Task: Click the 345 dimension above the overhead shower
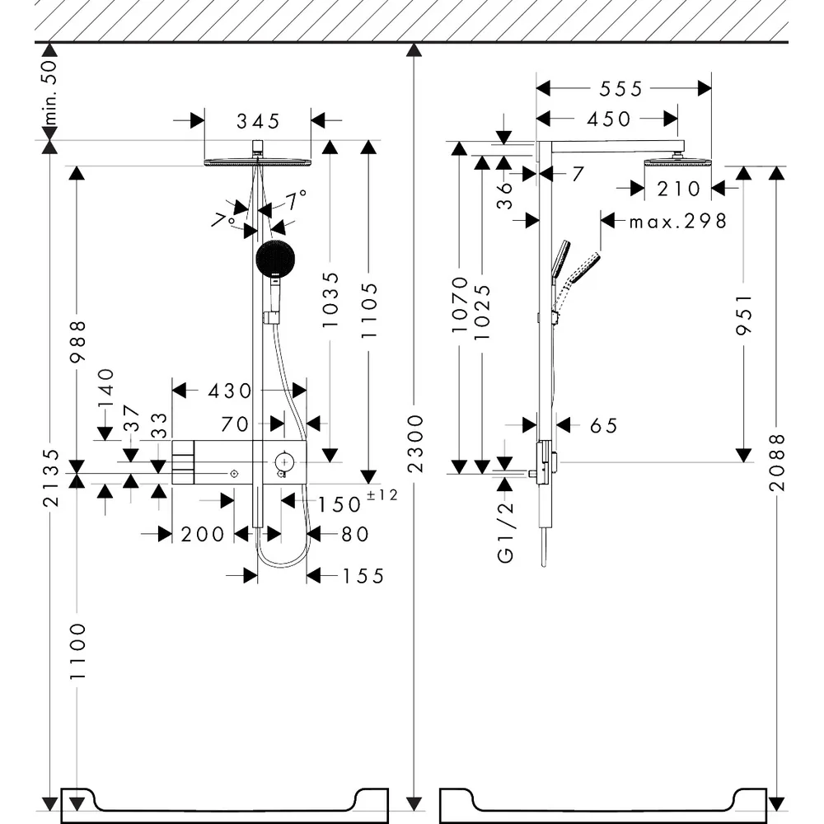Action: pos(258,121)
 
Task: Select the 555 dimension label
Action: pos(621,89)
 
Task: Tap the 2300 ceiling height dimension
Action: pos(415,443)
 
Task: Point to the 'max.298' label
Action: pos(678,221)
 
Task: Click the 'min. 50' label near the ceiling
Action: pos(50,92)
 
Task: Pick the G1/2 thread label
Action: pos(505,532)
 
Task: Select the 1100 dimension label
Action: pos(77,651)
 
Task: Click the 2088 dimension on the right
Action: pos(777,462)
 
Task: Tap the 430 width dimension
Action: pos(230,391)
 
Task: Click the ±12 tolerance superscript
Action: pos(382,494)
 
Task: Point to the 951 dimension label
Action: pos(744,314)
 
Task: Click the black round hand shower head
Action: pos(275,259)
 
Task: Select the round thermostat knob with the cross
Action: pos(284,462)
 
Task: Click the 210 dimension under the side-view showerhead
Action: pos(678,190)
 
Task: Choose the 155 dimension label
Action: pos(363,577)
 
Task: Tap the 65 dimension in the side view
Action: pos(604,426)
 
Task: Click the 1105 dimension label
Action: pos(369,311)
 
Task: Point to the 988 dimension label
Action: pos(77,342)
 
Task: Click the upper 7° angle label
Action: pos(297,200)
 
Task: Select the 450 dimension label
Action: pos(609,119)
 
